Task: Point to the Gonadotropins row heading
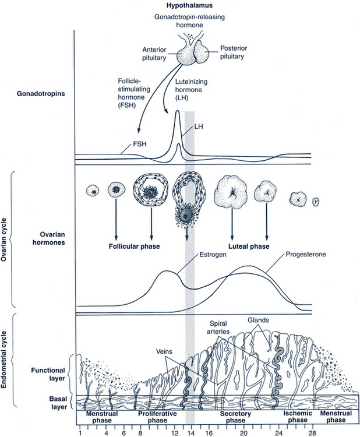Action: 41,93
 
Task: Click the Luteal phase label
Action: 248,246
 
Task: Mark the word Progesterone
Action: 303,255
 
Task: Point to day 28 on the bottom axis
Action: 312,434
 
